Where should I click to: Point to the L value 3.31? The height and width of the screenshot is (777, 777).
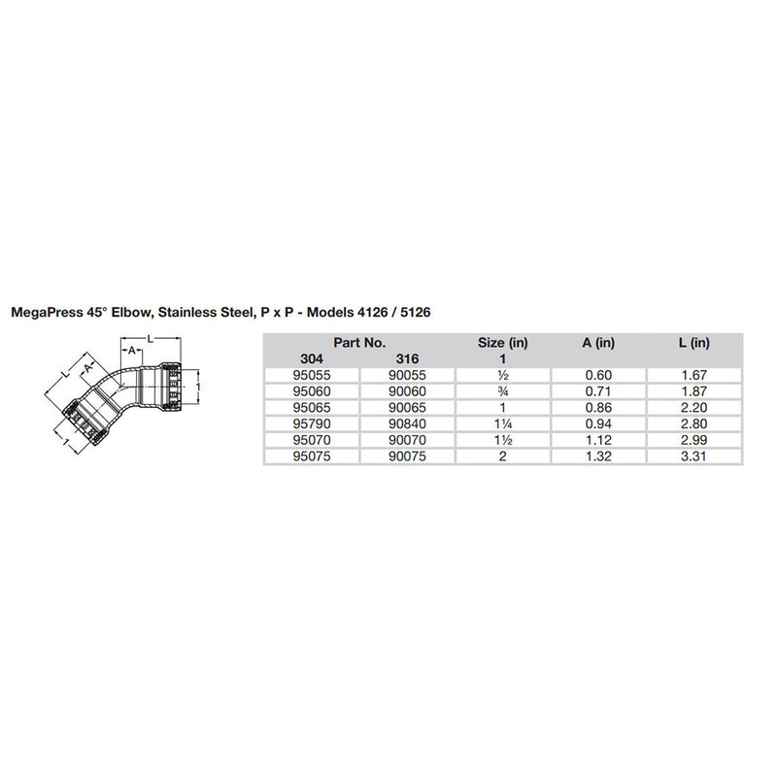click(x=695, y=456)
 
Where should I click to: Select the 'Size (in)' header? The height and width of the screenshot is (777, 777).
click(x=503, y=342)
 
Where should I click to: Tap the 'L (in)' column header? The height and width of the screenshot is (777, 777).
click(x=695, y=342)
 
